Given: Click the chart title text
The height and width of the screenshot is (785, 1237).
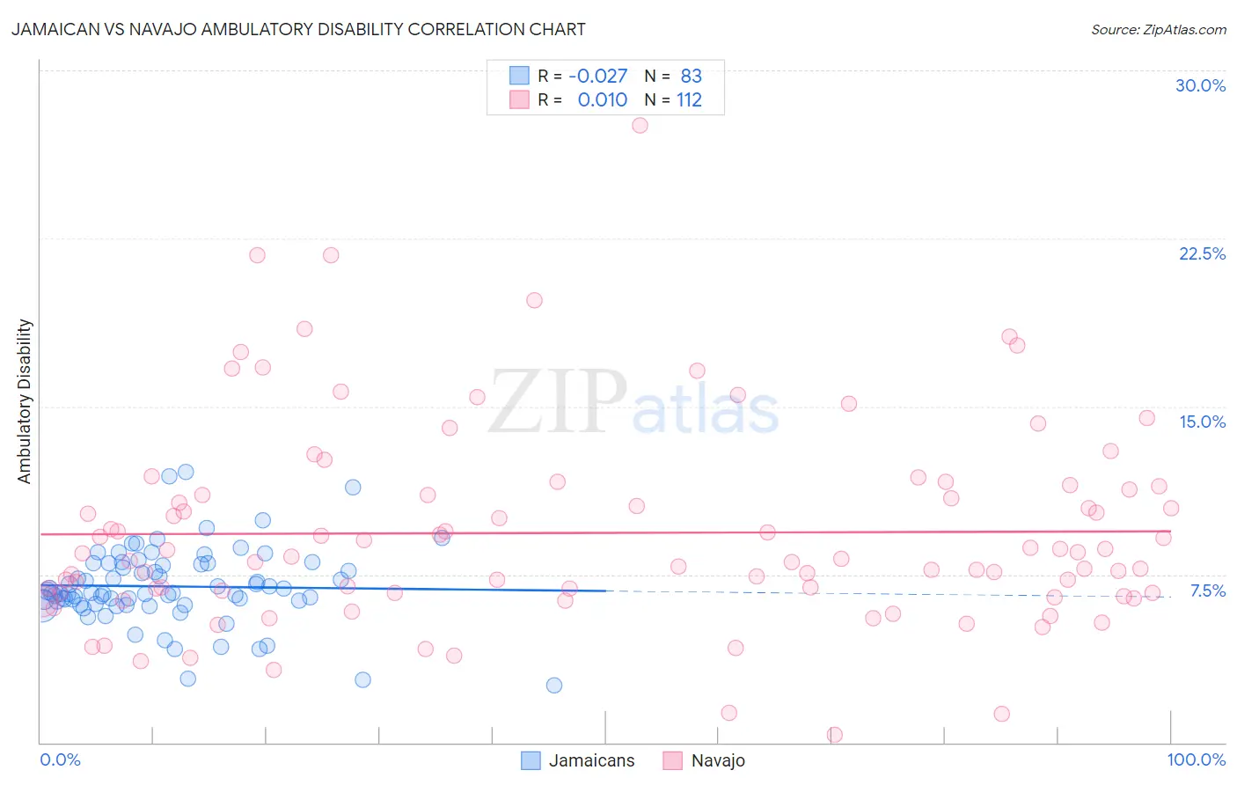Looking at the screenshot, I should [x=298, y=29].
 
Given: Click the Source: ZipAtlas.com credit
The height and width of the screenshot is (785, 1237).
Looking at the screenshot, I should [x=1158, y=29].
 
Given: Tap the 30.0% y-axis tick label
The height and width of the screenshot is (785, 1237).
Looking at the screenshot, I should [x=1200, y=85].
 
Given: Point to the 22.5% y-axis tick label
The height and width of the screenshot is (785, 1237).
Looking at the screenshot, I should [x=1202, y=253].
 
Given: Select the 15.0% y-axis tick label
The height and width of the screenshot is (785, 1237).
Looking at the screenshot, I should [x=1202, y=422].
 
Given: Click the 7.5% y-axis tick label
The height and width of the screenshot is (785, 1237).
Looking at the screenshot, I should [x=1207, y=591].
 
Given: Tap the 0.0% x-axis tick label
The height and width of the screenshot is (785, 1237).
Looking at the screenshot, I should [x=60, y=759].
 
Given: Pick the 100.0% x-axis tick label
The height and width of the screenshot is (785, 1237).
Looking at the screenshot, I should [x=1196, y=759].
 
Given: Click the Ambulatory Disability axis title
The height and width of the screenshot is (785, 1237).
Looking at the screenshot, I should [x=25, y=400].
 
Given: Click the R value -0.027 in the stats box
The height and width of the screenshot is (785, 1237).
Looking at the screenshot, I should [x=598, y=76].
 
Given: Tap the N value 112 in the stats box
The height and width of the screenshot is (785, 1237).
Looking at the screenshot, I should [x=689, y=99].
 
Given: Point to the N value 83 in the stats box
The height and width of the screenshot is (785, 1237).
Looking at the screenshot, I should [x=691, y=76].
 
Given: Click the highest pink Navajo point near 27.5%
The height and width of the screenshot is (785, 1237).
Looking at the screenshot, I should [x=640, y=125].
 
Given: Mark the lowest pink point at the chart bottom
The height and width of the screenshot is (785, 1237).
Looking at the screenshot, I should [x=834, y=734].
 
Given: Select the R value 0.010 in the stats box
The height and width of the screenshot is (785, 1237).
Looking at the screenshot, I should [x=602, y=99].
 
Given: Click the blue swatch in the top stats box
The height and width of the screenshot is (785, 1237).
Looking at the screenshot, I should [x=519, y=76].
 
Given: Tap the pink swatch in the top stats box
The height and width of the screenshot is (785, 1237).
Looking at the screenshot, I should [x=519, y=99].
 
